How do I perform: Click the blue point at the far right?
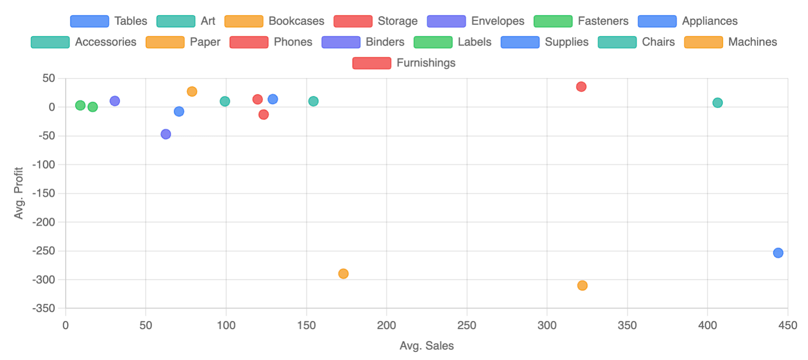[778, 253]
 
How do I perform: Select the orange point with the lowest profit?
[582, 286]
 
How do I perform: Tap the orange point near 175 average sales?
[343, 274]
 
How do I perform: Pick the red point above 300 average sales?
[581, 87]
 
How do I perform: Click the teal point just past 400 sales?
[717, 103]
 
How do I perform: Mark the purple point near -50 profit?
[165, 134]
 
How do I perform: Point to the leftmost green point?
[80, 105]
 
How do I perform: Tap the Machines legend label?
[752, 42]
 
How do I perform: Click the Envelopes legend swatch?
[446, 21]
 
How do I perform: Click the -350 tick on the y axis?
[44, 309]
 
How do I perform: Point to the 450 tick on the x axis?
[787, 325]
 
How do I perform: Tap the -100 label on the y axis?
[44, 165]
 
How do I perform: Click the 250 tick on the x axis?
[466, 325]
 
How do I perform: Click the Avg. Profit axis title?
[19, 193]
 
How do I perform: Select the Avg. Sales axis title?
[426, 346]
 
